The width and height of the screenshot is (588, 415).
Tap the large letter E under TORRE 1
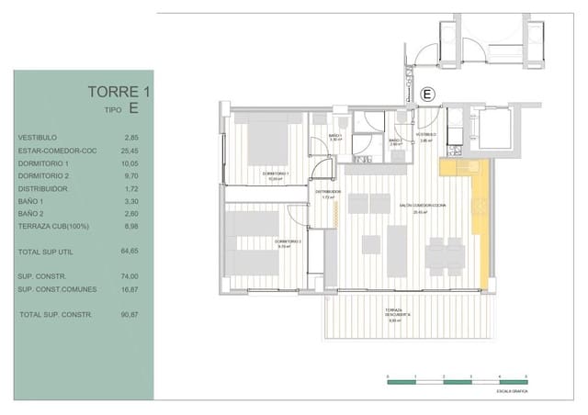[x=135, y=108]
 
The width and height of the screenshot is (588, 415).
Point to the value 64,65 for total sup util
[x=130, y=250]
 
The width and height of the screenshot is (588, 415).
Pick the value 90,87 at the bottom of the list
[x=130, y=315]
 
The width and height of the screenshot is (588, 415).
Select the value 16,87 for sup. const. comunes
[x=130, y=288]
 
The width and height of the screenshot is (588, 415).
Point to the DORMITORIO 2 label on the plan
[x=289, y=244]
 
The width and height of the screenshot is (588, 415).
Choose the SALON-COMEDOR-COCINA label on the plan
[x=423, y=206]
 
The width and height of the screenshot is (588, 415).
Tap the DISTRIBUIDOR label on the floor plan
[x=330, y=192]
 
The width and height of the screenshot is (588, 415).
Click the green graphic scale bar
[x=456, y=381]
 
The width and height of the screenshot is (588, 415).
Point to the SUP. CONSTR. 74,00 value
[x=130, y=275]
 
